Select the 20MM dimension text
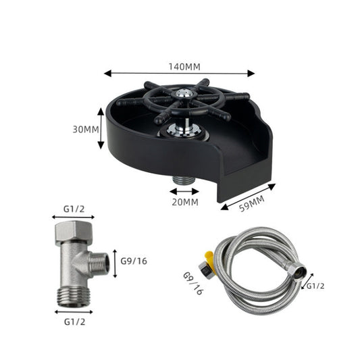click(x=184, y=201)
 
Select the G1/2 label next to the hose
click(x=315, y=285)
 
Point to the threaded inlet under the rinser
click(x=181, y=180)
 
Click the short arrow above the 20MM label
click(x=184, y=191)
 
